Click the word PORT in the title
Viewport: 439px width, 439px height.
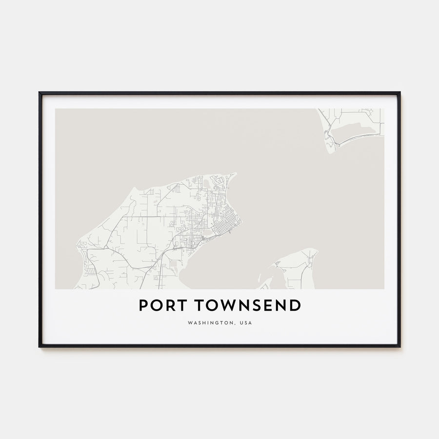coord(163,305)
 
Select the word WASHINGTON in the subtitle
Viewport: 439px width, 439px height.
coord(211,323)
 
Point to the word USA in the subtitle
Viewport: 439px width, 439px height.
coord(246,323)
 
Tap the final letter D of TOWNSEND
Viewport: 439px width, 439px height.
coord(295,305)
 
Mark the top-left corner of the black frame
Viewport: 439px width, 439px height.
coord(40,92)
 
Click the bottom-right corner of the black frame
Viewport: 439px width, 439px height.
coord(399,346)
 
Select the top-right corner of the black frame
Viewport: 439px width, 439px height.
coord(399,92)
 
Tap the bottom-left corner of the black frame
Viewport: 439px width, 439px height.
coord(40,346)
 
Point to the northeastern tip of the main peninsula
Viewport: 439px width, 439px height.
coord(235,173)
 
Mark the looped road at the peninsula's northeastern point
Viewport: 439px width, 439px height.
coord(220,181)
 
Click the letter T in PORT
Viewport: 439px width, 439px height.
coord(182,305)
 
